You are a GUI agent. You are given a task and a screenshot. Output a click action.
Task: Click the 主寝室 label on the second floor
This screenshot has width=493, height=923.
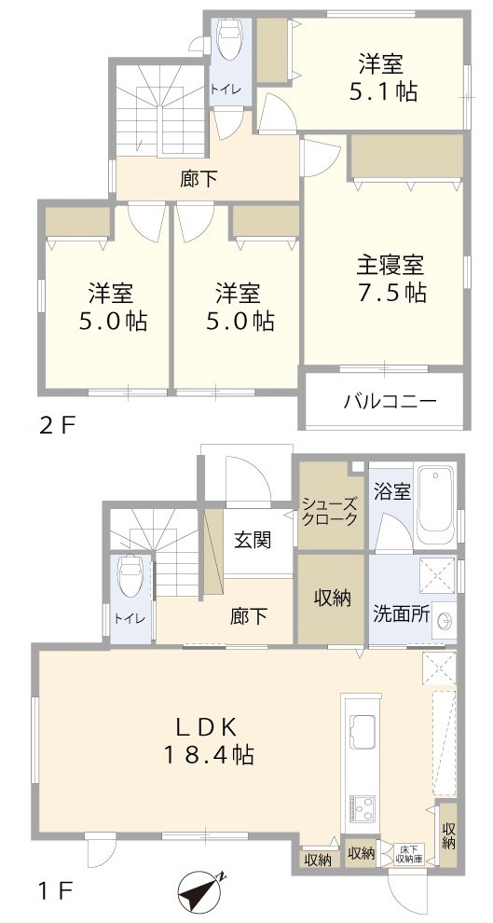point(390,266)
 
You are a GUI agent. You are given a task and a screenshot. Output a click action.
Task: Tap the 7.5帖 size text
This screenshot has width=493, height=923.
point(390,293)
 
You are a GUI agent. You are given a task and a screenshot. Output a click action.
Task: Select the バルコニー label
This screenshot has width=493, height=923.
point(390,402)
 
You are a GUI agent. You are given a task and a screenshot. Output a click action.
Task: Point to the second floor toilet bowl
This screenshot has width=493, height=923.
point(229,40)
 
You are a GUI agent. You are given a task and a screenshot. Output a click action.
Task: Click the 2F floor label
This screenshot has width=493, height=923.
point(57,425)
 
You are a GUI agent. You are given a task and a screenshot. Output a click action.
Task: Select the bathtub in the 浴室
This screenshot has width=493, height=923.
point(435,505)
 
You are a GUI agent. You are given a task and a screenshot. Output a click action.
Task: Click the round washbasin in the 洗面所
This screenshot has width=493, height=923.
point(445,620)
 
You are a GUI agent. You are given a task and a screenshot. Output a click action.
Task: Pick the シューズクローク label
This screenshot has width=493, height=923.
point(329,511)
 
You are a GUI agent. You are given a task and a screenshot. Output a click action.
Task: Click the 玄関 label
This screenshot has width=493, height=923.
point(253,540)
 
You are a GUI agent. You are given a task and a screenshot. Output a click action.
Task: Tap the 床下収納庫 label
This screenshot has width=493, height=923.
point(409,853)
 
